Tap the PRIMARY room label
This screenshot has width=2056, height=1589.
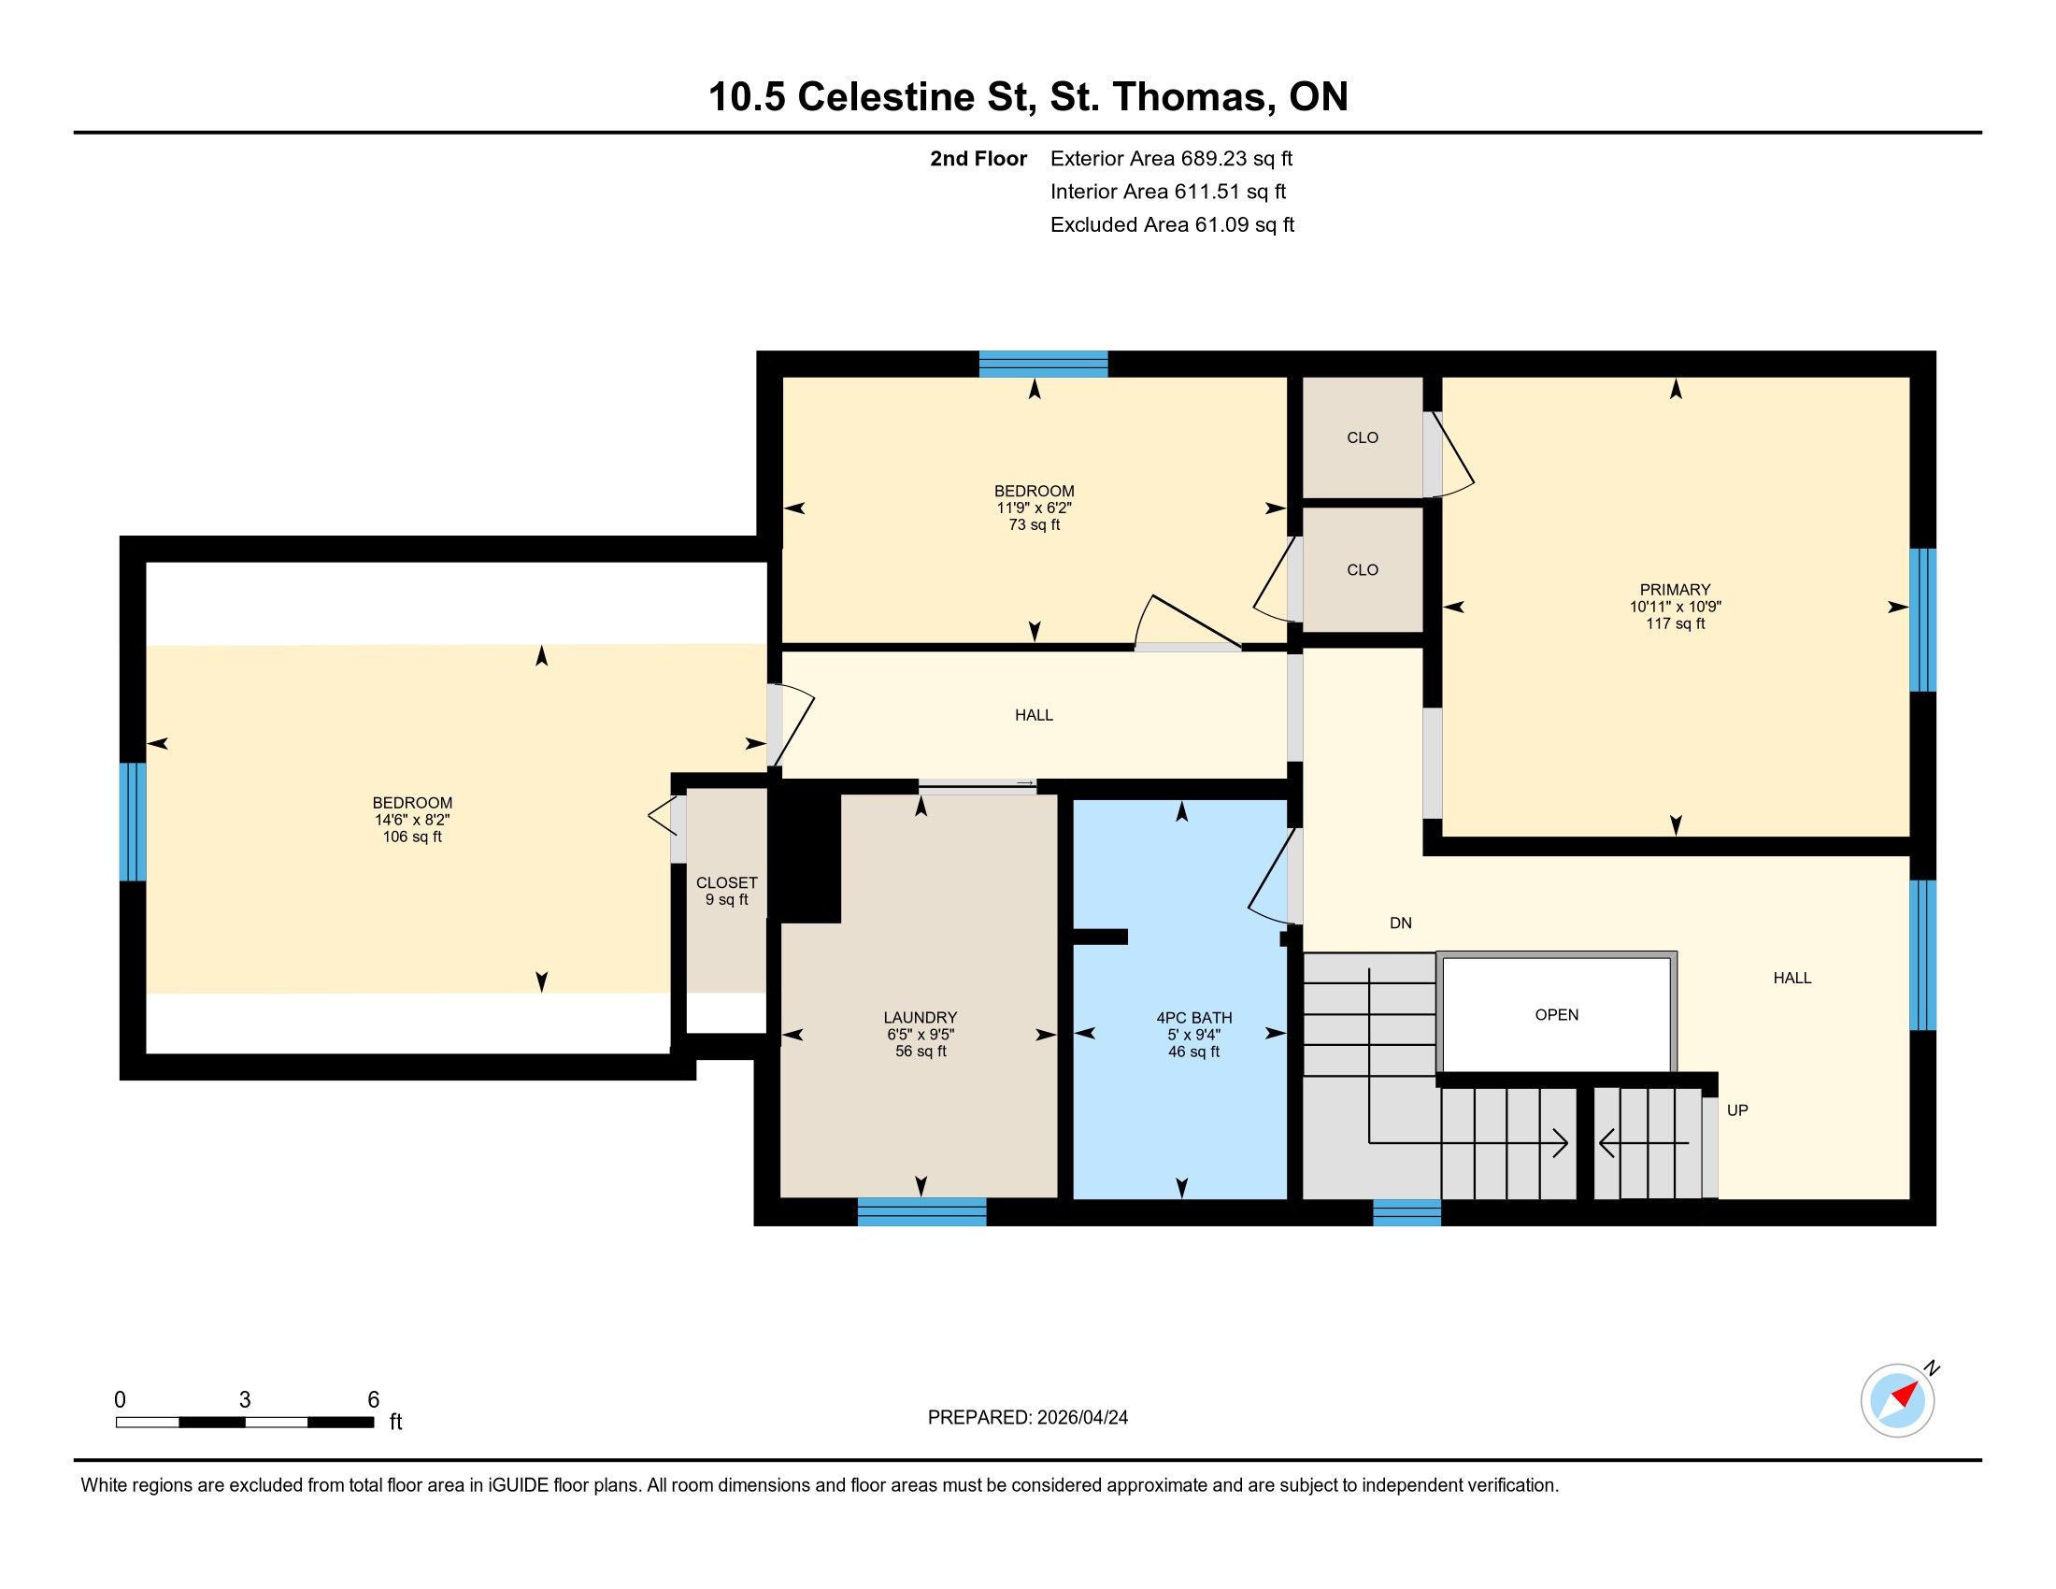coord(1675,590)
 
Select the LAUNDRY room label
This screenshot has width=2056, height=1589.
coord(921,1018)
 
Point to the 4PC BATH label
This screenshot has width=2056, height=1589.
coord(1193,1018)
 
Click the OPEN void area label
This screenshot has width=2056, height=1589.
coord(1557,1015)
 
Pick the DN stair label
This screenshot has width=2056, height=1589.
coord(1401,923)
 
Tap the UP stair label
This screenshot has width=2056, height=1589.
coord(1738,1110)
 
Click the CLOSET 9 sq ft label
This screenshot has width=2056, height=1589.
coord(727,892)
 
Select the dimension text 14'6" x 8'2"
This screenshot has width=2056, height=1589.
coord(412,820)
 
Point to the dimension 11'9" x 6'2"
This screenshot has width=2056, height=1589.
coord(1035,508)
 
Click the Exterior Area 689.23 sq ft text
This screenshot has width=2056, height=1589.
coord(1172,158)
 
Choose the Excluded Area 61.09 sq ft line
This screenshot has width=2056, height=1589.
coord(1173,224)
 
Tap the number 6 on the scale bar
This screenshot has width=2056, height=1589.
coord(374,1400)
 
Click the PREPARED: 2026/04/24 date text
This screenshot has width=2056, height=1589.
coord(1028,1418)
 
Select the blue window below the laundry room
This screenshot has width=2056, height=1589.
coord(921,1211)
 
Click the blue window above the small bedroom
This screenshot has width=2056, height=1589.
coord(1043,365)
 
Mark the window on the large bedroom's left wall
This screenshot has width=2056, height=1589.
coord(133,822)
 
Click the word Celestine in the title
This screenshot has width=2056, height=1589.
coord(912,97)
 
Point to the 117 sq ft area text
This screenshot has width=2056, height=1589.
coord(1676,623)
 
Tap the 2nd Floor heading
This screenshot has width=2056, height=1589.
coord(978,158)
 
